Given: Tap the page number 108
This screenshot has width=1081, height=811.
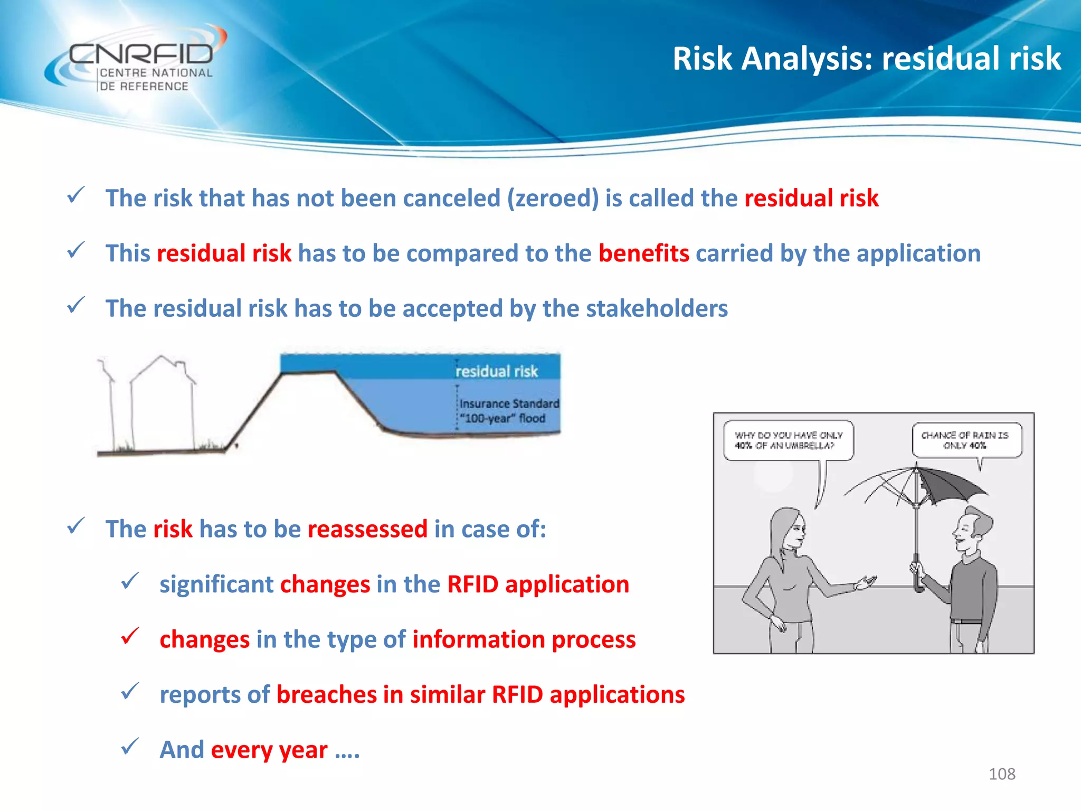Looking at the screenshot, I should point(1001,774).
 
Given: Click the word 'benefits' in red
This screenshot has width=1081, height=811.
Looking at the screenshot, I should point(643,253).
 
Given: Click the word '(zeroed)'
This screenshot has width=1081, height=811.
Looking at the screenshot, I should point(553,199).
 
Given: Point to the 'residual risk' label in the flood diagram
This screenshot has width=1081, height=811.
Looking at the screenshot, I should point(496,371).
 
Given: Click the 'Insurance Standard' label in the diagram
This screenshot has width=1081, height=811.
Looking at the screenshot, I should point(509,403).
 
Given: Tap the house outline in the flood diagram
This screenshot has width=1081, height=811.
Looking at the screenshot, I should point(162,401).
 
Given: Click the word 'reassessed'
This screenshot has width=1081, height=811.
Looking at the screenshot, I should point(367,529).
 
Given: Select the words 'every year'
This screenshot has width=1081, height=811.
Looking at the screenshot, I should point(269,750).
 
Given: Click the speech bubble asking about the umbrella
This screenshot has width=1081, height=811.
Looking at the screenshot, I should point(788,440).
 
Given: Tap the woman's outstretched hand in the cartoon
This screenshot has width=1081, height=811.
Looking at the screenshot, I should point(866,582).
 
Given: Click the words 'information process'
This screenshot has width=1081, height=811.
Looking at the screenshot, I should point(524,640).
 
